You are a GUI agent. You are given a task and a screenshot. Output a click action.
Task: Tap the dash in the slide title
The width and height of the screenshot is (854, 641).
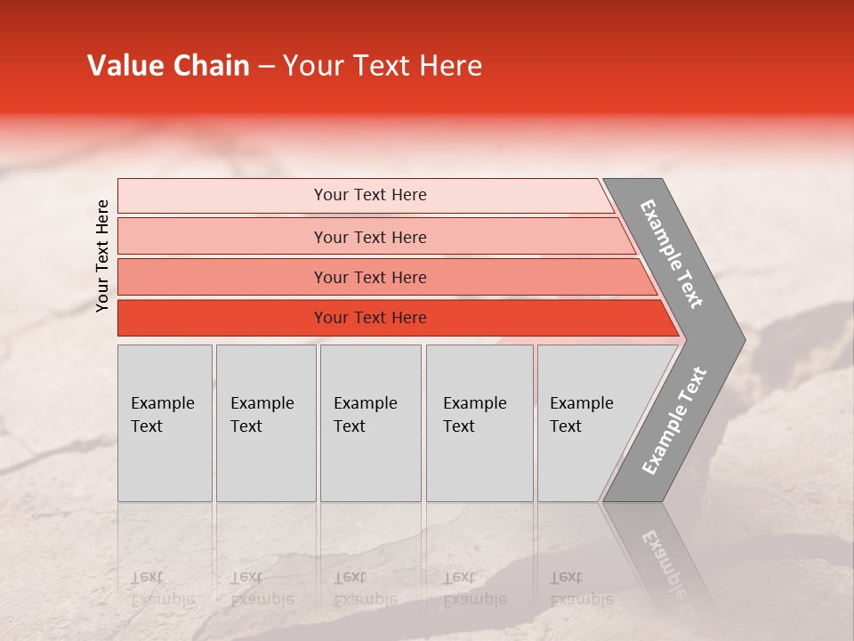(266, 67)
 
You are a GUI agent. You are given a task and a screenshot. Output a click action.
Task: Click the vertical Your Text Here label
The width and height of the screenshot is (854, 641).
(102, 256)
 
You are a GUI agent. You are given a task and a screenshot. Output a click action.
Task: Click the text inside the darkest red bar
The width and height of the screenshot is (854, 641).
(370, 318)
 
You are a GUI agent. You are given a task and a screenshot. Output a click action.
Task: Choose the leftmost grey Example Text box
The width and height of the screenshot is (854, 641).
(165, 423)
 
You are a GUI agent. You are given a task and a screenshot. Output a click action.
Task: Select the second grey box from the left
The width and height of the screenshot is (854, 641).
(266, 423)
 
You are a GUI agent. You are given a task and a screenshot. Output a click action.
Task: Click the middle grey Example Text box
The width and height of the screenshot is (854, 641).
(370, 423)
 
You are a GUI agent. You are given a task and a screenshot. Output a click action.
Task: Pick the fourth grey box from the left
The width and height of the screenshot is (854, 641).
(479, 423)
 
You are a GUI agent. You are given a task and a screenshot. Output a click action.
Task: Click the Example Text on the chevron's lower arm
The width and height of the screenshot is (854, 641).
(673, 421)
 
